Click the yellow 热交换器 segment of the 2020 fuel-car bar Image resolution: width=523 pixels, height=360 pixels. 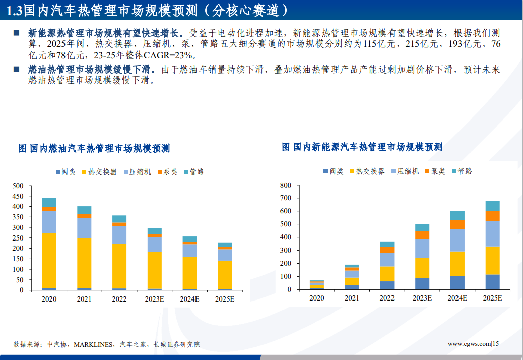49,260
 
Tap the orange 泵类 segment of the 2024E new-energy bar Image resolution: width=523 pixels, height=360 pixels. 457,224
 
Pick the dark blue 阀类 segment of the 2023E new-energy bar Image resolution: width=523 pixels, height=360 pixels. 422,284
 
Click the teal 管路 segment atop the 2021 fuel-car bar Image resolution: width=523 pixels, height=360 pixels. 84,210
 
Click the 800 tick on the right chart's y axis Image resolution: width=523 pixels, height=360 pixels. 286,185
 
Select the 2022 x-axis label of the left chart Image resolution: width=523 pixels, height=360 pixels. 119,299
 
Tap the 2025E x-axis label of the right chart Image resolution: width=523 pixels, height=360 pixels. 493,298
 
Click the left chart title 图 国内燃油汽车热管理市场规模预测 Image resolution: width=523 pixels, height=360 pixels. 94,148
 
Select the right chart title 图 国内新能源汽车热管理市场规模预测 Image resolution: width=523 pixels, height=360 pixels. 362,147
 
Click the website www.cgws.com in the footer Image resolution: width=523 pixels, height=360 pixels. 469,344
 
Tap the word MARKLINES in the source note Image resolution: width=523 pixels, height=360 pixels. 93,345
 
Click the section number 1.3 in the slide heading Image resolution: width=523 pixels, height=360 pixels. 13,10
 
